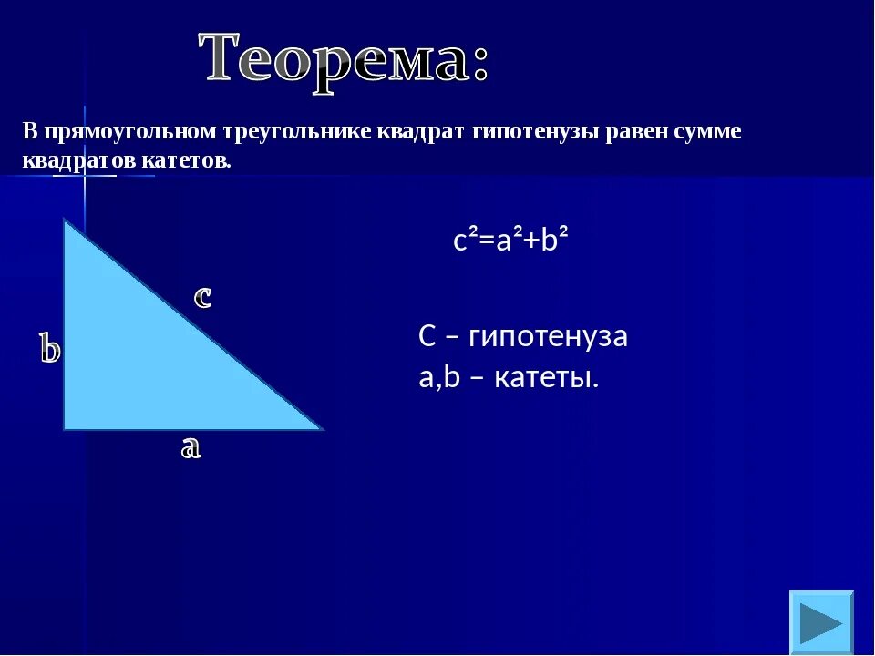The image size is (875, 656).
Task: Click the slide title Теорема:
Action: [344, 60]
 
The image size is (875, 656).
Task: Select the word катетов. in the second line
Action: [186, 161]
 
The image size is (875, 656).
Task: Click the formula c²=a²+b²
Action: [510, 241]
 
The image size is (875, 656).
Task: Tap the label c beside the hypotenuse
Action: [202, 296]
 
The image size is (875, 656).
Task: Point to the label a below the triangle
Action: [190, 448]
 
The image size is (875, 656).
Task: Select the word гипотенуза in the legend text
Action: [548, 336]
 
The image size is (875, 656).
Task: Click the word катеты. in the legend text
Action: [546, 377]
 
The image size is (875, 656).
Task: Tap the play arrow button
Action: [821, 622]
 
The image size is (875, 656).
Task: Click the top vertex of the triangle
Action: [65, 220]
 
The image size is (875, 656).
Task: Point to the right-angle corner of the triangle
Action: [64, 429]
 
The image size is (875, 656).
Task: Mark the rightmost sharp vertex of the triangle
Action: [323, 429]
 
